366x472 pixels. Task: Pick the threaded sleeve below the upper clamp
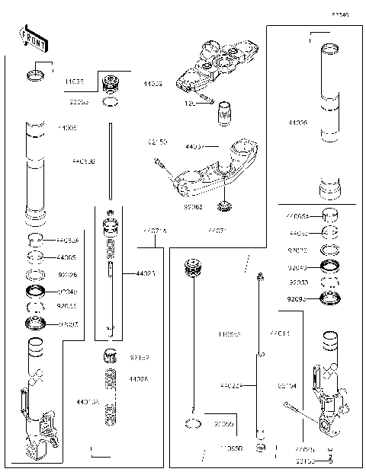(x=224, y=114)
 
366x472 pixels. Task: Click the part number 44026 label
(x=138, y=378)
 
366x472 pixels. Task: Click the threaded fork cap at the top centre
(x=111, y=81)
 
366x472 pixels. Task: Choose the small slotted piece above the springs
(x=111, y=355)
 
